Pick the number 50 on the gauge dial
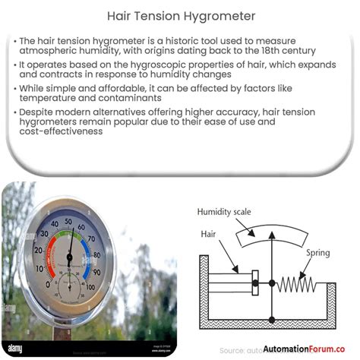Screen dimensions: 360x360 click(x=69, y=221)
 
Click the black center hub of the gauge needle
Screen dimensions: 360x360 click(x=69, y=255)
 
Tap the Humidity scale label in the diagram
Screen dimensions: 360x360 click(x=224, y=211)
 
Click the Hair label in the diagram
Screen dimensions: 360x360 click(x=208, y=236)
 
